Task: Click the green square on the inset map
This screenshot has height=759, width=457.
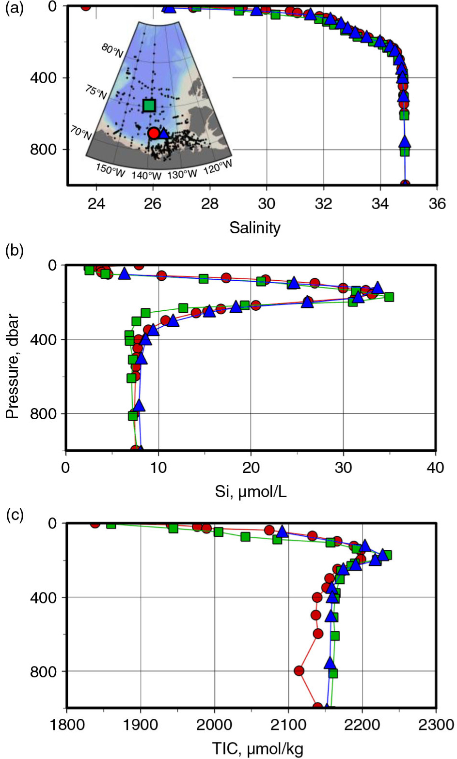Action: [x=149, y=105]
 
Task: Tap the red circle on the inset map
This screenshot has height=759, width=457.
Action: [x=154, y=133]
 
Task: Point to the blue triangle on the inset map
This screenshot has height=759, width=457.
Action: [x=164, y=133]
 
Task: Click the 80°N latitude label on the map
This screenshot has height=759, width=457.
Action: [x=112, y=50]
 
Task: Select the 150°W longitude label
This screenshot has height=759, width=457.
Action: [x=110, y=170]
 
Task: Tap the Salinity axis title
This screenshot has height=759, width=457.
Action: [x=255, y=228]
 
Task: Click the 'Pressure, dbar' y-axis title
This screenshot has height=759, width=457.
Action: [x=13, y=366]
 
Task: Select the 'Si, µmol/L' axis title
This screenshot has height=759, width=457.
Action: [x=251, y=492]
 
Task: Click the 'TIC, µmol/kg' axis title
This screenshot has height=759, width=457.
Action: [x=257, y=749]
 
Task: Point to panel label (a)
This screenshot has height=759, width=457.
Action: [x=14, y=9]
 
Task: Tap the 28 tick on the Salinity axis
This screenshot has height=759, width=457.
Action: [x=210, y=203]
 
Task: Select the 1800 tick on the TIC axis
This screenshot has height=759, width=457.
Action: [x=66, y=725]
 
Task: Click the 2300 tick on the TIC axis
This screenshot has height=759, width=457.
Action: [x=436, y=725]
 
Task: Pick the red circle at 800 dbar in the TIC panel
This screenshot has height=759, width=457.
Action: [x=299, y=671]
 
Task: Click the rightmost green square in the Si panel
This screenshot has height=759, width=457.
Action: [x=389, y=297]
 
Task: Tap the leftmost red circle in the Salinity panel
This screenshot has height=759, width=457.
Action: [x=86, y=6]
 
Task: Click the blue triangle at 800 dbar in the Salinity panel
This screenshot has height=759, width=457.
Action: [x=405, y=142]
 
